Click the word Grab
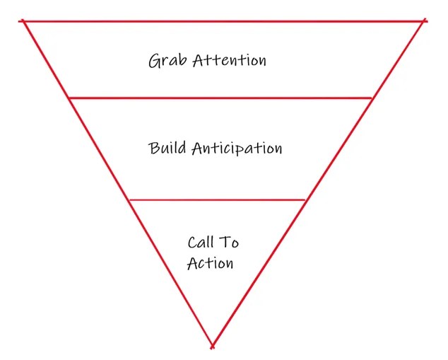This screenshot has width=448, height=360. click(164, 61)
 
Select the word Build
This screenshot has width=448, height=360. click(167, 149)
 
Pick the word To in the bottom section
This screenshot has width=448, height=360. click(231, 243)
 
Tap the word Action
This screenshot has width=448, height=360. click(210, 263)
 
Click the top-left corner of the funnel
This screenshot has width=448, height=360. click(24, 21)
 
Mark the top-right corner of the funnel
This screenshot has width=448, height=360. click(425, 21)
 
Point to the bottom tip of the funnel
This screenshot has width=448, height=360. click(212, 347)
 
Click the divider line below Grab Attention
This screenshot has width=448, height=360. click(220, 98)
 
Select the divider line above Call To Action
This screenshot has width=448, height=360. click(218, 200)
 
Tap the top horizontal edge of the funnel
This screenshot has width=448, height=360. click(225, 21)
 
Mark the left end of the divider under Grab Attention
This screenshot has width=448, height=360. click(69, 98)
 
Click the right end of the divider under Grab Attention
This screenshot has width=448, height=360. click(372, 98)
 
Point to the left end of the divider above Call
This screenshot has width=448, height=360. click(129, 200)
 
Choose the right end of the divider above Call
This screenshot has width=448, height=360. click(306, 200)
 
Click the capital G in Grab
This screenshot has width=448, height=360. click(154, 62)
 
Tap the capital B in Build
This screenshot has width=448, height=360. click(155, 149)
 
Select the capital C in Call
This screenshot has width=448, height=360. click(192, 243)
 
